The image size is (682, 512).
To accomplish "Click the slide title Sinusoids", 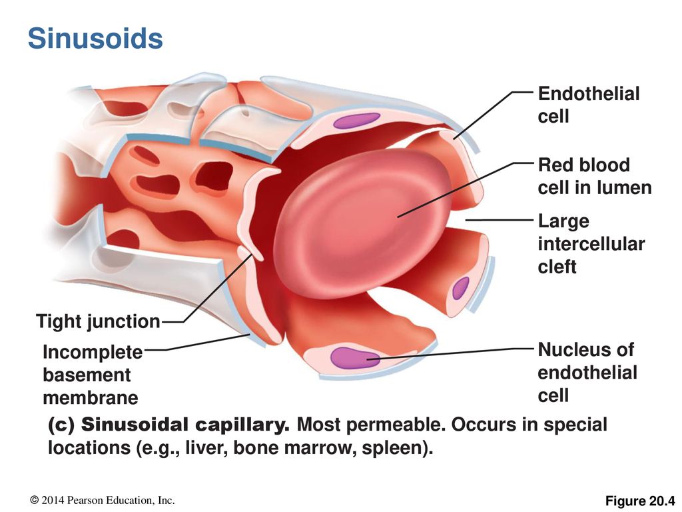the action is pos(95,38).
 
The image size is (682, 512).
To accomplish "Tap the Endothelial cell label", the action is pos(589,105).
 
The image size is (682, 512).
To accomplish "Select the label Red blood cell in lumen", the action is pos(595,176).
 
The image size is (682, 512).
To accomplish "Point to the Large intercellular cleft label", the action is pos(591,244).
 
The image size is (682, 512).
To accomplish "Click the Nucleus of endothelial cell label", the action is pos(587,373).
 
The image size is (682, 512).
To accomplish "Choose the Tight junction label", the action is pos(99,321).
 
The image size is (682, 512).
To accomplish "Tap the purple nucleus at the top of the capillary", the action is pos(357,120).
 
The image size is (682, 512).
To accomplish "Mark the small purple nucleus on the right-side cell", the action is pos(461,288).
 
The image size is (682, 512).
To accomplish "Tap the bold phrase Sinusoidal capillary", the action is pos(185,425).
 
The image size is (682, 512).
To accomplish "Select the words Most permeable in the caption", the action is pos(371,425).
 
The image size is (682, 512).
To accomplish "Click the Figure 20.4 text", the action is pos(640,501).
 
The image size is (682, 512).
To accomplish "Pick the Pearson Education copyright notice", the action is pos(103,501).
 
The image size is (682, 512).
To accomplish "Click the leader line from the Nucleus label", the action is pos(450,353).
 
